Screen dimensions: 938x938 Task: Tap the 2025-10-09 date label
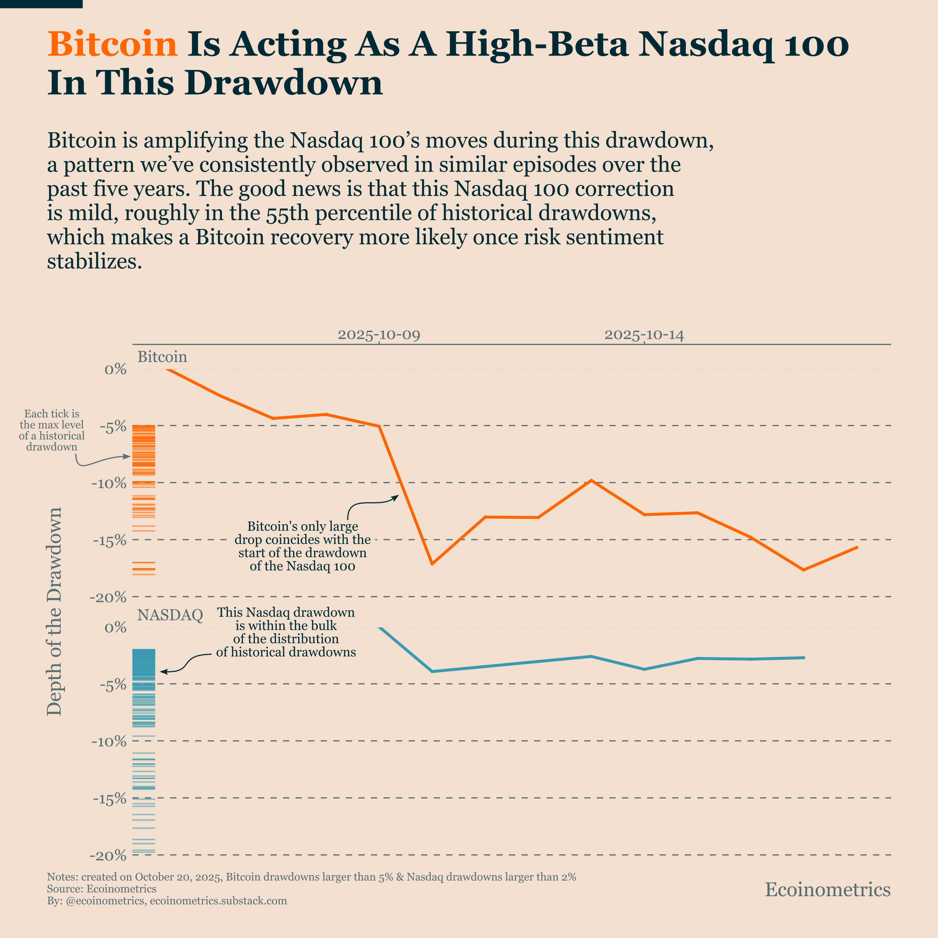coord(379,335)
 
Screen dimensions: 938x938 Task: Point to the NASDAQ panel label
coord(170,615)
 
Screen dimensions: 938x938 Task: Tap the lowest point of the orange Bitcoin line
coord(804,569)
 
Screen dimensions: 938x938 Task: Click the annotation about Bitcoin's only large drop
coord(302,546)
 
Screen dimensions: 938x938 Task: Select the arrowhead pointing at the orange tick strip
coord(129,456)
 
